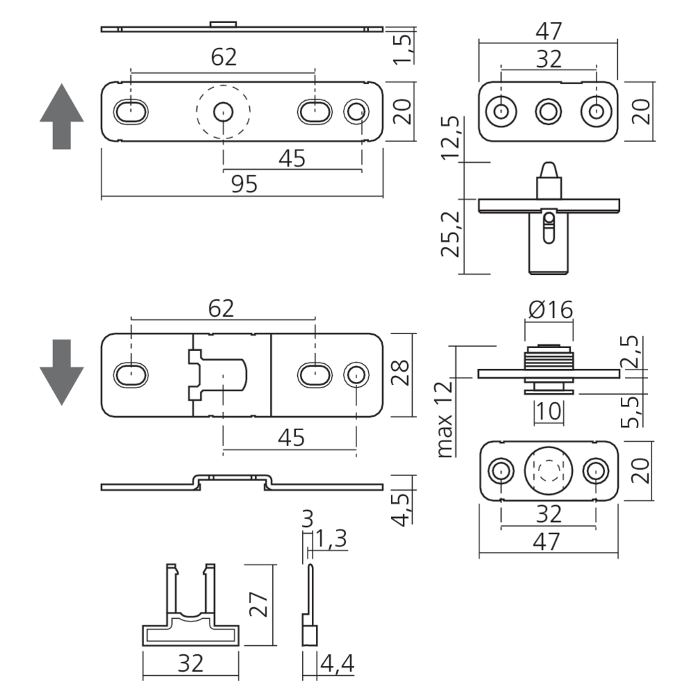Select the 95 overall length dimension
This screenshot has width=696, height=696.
coord(244,184)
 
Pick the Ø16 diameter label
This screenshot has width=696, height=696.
coord(550,309)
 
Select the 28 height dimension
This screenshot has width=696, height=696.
coord(403,374)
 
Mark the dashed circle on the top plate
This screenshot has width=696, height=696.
coord(222,111)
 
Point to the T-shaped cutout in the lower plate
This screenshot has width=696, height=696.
coord(217,374)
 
